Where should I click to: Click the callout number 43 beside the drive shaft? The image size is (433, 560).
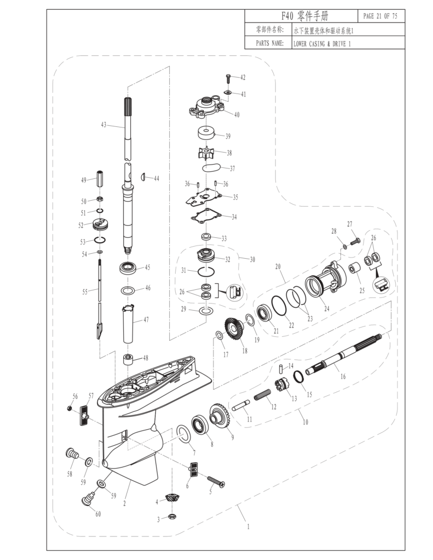pyautogui.click(x=103, y=125)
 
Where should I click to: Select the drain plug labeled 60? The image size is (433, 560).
pyautogui.click(x=88, y=499)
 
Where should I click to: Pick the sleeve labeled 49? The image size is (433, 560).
pyautogui.click(x=100, y=179)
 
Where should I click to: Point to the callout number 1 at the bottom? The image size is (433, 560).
pyautogui.click(x=249, y=527)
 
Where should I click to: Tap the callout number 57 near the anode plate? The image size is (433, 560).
pyautogui.click(x=91, y=395)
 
